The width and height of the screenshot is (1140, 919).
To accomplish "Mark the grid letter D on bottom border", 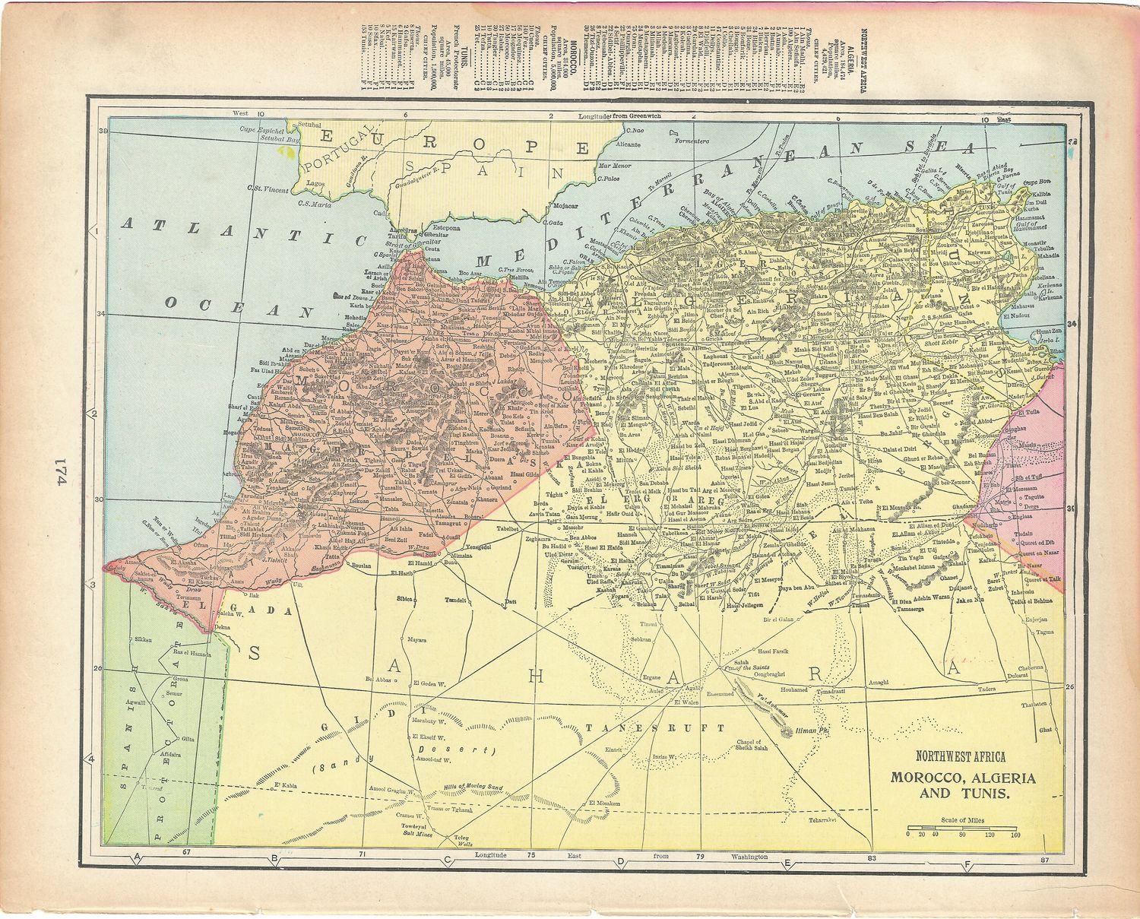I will (620, 861).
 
